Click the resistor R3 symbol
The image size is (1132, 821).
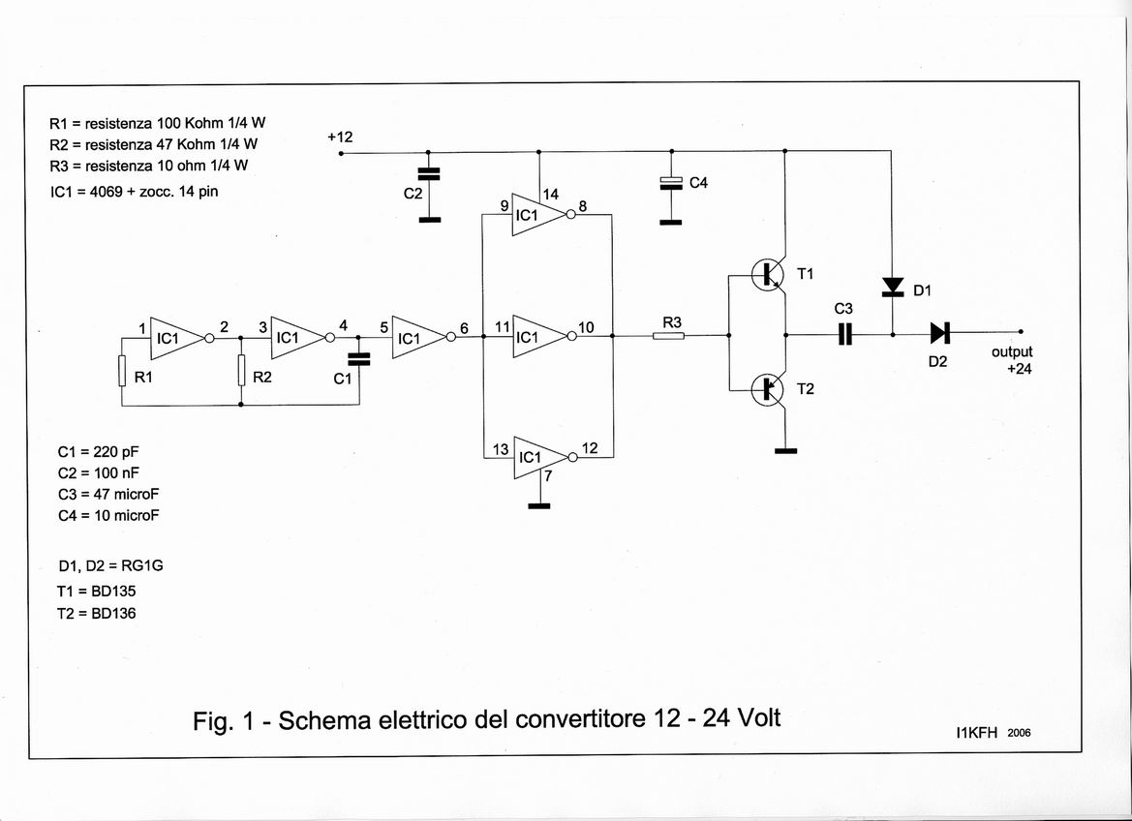[x=668, y=336]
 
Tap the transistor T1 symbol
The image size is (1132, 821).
[x=771, y=275]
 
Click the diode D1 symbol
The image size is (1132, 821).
[x=891, y=287]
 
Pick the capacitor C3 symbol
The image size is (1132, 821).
[x=844, y=334]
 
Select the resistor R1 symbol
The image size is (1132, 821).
[x=122, y=371]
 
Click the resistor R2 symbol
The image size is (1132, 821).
[x=240, y=371]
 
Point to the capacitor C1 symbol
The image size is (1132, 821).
[x=358, y=358]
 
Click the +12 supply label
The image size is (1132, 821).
[x=340, y=137]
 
